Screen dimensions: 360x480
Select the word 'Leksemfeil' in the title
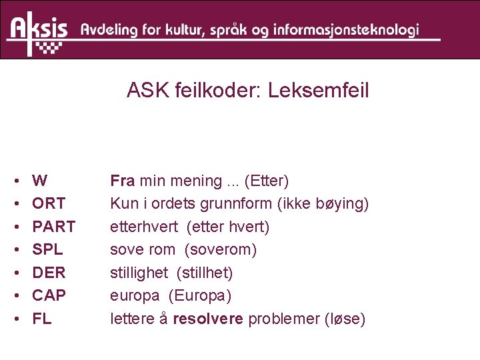pos(318,91)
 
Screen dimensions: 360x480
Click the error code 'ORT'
pos(49,203)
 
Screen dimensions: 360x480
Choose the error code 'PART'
pos(54,227)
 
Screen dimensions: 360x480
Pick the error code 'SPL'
pos(47,249)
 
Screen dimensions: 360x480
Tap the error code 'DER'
pos(48,273)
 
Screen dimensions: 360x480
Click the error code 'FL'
pos(41,319)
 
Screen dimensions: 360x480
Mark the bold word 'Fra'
pos(123,181)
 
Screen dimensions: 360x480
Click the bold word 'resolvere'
pos(209,319)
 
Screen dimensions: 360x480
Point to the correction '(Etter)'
pos(266,181)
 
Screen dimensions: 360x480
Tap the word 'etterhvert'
pos(144,227)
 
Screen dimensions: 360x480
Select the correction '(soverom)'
pos(221,249)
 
